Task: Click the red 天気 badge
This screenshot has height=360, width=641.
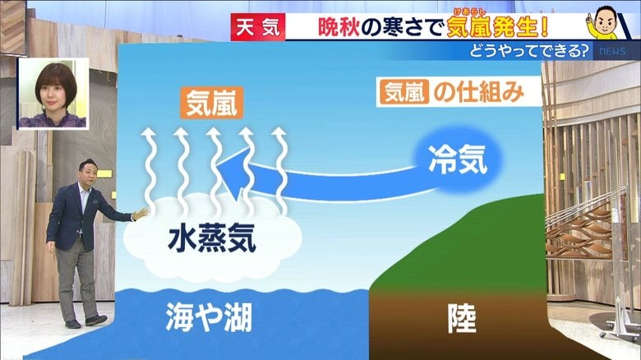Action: coord(258,27)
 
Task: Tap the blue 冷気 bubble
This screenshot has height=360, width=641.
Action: coord(457,159)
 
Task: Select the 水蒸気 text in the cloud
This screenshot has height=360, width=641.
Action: coord(212,238)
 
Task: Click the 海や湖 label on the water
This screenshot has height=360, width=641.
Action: coord(209,317)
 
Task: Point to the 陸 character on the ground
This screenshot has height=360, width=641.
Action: coord(462,318)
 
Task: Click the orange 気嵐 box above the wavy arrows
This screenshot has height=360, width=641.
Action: coord(212,103)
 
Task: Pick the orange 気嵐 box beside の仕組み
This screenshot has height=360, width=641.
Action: coord(404,91)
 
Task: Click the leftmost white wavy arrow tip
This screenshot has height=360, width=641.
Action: coord(149,132)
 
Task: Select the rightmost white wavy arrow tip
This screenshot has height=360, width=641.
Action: coord(279,132)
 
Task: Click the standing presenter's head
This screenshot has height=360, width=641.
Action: coord(88,171)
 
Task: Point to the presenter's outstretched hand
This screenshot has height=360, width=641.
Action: coord(141,214)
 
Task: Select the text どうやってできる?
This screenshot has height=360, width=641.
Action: coord(530,51)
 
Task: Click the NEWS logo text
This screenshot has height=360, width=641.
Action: coord(612,52)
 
